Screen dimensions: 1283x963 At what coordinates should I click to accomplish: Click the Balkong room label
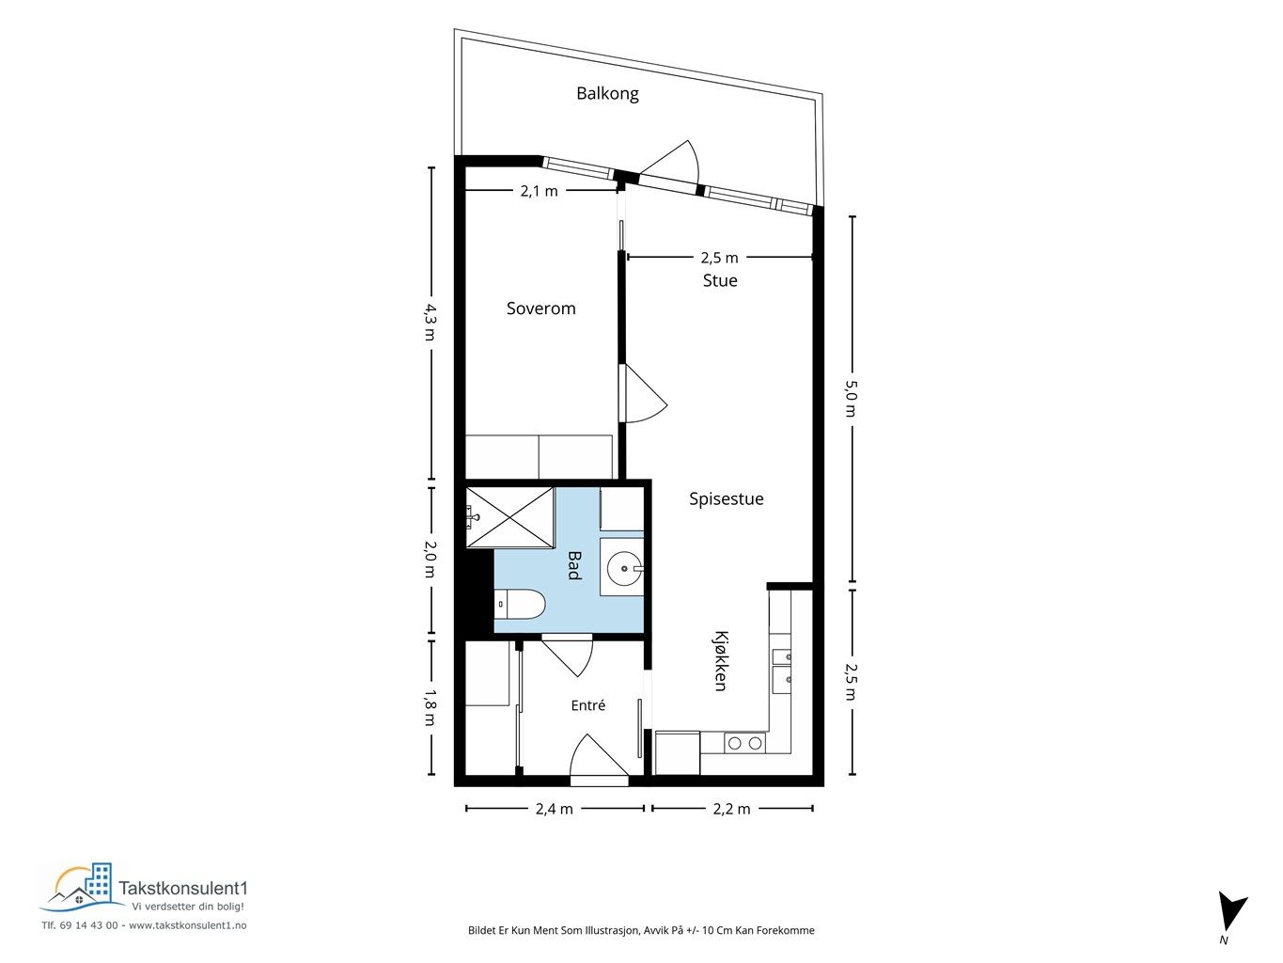tap(607, 93)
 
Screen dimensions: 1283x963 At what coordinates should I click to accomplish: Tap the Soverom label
tap(540, 308)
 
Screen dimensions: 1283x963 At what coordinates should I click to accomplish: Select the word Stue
tap(720, 280)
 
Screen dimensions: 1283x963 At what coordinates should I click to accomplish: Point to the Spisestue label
tap(726, 498)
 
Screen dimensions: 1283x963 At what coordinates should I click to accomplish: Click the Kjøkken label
tap(721, 661)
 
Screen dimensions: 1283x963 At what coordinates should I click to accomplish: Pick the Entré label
tap(588, 705)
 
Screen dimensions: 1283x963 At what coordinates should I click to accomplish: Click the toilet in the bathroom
tap(520, 604)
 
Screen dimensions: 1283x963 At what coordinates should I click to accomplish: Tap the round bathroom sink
tap(624, 568)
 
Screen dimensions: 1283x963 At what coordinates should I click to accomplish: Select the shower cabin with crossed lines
tap(510, 517)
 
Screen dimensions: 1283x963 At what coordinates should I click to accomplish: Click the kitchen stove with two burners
tap(744, 743)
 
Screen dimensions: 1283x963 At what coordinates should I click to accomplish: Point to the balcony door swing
tap(672, 162)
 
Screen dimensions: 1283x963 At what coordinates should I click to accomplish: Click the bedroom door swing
tap(643, 393)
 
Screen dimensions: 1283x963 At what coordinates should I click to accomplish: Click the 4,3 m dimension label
tap(430, 323)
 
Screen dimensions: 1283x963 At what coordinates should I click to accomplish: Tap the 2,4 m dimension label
tap(555, 809)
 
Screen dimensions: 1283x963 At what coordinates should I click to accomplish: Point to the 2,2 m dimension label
tap(731, 809)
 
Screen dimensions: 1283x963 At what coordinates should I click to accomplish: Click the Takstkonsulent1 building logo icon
tap(83, 888)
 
